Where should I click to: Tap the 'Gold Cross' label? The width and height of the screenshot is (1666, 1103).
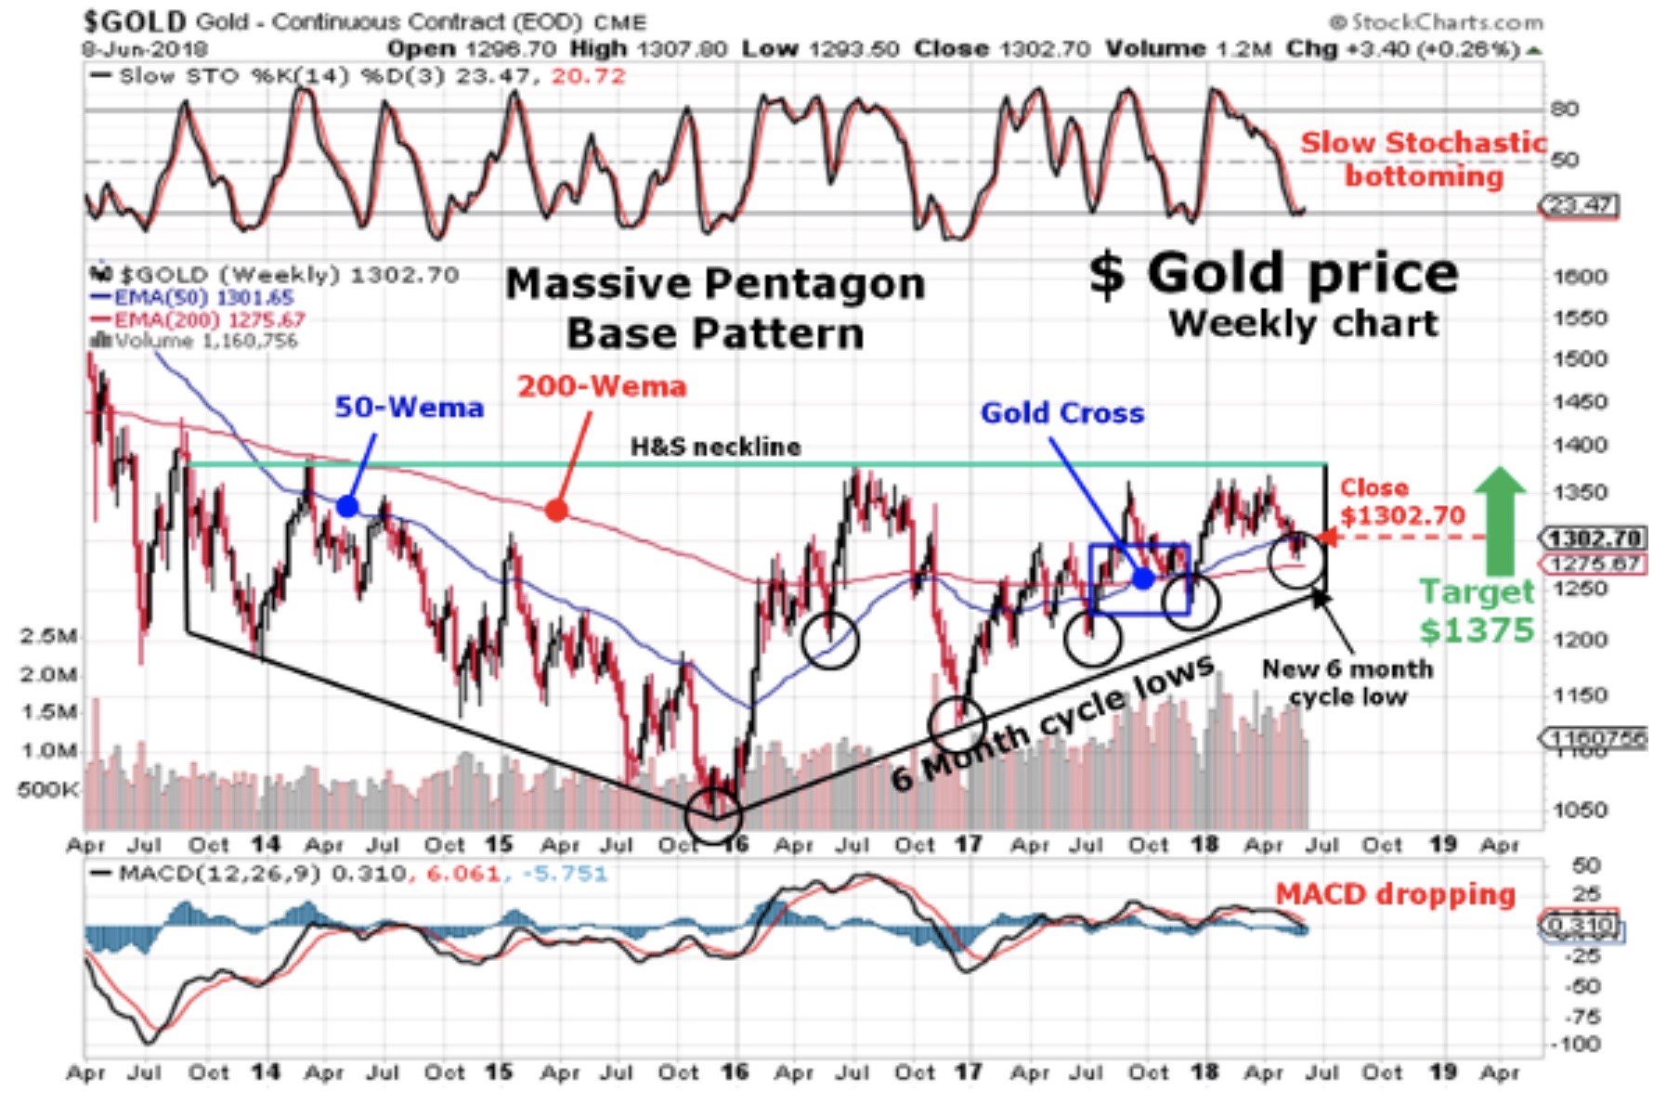tap(1062, 413)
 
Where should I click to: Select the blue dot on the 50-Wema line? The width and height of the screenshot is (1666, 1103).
tap(347, 506)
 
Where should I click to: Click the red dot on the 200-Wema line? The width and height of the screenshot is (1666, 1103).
tap(556, 510)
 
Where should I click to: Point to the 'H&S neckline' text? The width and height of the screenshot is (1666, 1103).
tap(715, 448)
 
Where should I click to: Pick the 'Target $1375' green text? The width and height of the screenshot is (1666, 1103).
tap(1477, 611)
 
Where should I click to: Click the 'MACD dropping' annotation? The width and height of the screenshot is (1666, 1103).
tap(1395, 894)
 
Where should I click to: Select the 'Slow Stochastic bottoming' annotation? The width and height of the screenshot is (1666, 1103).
tap(1423, 159)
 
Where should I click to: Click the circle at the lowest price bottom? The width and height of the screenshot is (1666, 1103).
tap(713, 815)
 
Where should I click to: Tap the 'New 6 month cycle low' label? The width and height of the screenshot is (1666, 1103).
tap(1347, 682)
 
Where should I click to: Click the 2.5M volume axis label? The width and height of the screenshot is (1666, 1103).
tap(48, 637)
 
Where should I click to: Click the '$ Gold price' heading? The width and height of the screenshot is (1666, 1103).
tap(1274, 274)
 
